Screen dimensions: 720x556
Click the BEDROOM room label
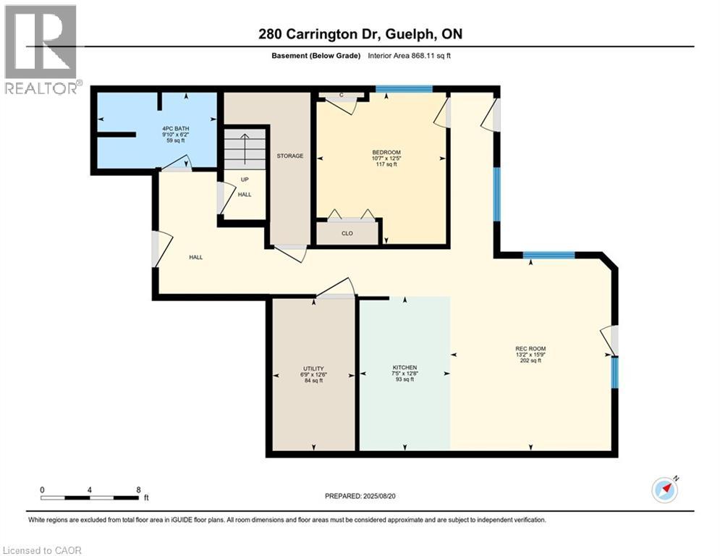point(386,153)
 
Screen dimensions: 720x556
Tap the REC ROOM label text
point(530,349)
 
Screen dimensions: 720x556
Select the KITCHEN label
point(405,368)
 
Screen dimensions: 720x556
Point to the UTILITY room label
point(313,368)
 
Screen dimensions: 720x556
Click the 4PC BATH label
point(175,129)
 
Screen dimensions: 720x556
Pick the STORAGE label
point(289,156)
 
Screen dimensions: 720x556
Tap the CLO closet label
point(347,233)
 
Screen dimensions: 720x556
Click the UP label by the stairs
point(245,180)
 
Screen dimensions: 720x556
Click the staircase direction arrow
point(245,149)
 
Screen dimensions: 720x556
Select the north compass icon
point(665,489)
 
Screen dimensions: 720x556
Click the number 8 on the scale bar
point(138,490)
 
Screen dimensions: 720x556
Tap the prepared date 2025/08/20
point(379,496)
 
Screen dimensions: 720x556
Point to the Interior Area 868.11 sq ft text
point(409,56)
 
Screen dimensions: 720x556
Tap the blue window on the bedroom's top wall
point(404,89)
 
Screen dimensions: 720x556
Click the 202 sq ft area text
point(530,361)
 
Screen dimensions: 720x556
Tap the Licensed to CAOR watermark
point(42,550)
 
